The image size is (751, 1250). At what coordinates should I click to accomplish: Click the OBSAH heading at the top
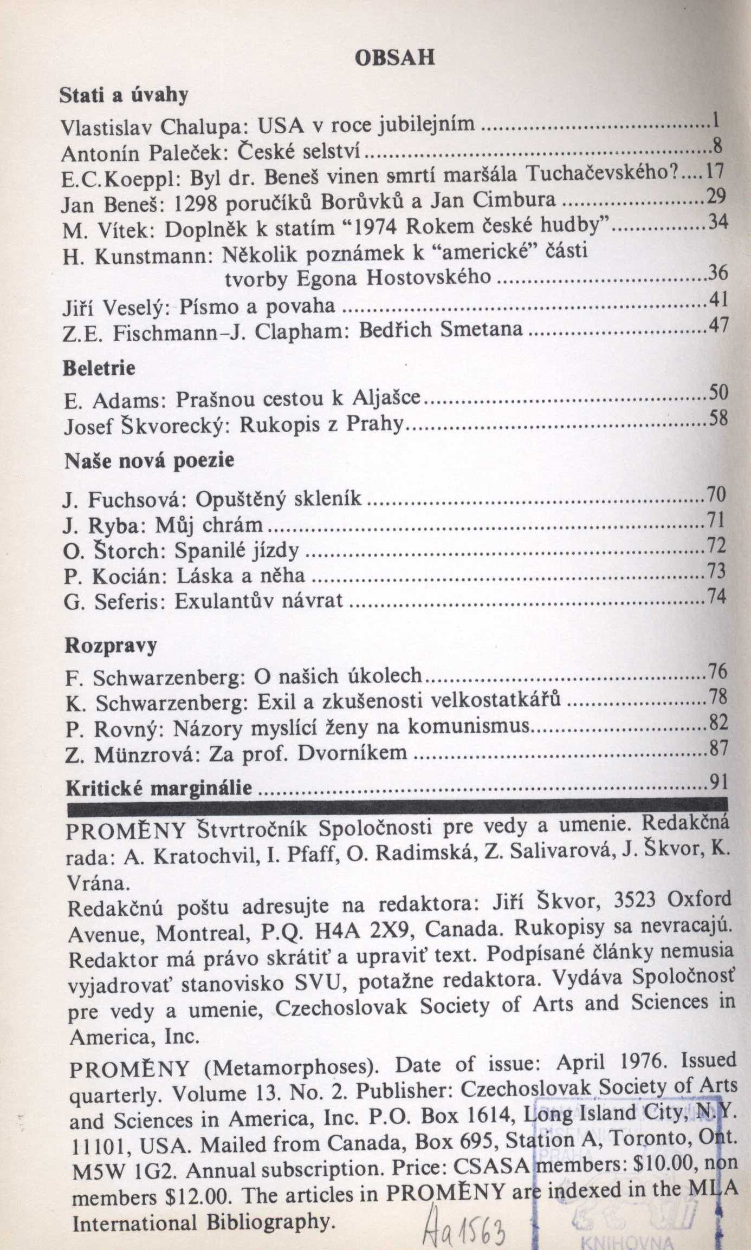[x=394, y=57]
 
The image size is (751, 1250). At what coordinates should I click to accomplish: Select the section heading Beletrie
[x=99, y=368]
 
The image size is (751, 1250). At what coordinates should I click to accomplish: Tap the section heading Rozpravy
[x=111, y=646]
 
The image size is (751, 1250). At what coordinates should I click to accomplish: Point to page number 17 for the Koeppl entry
[x=715, y=172]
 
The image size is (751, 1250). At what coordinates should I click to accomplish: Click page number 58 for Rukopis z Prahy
[x=717, y=419]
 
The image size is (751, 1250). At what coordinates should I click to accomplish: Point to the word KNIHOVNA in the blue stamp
[x=626, y=1240]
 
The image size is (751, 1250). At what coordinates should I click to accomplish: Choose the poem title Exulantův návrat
[x=259, y=601]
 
